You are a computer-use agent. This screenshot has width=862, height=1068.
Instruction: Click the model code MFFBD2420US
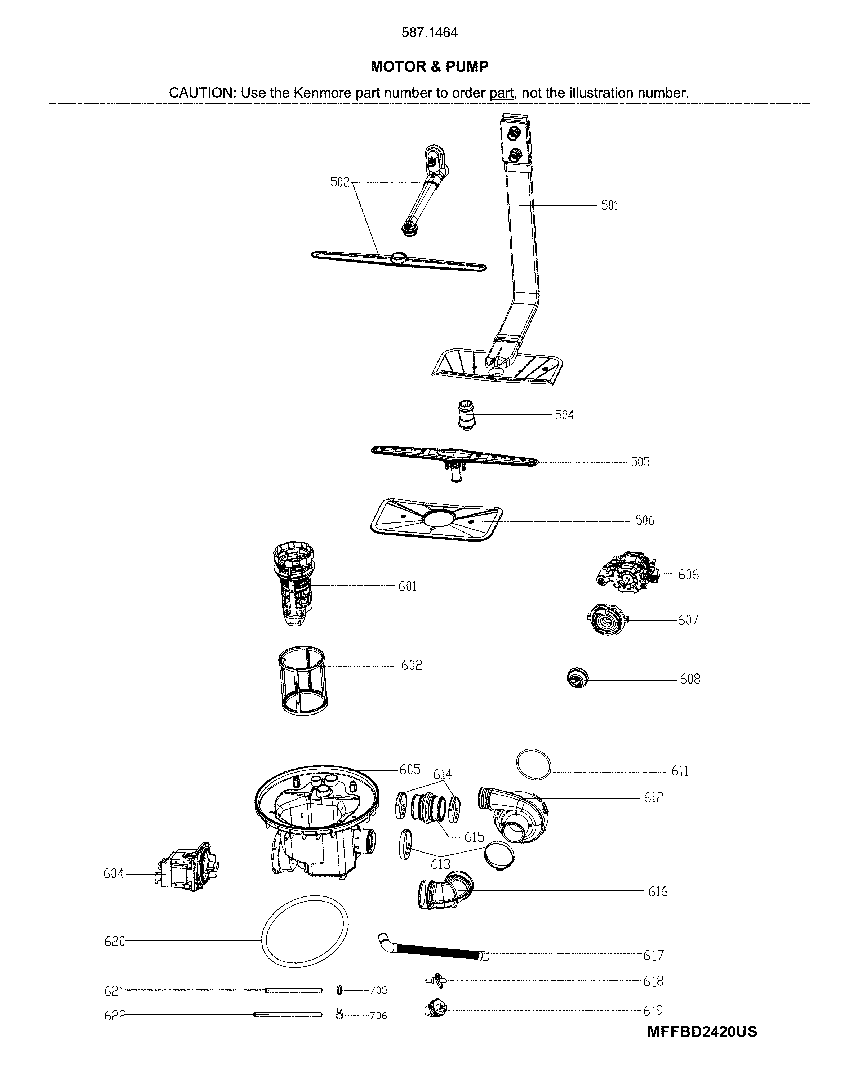click(x=702, y=1031)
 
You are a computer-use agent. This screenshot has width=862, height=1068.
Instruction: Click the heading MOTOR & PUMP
click(x=430, y=67)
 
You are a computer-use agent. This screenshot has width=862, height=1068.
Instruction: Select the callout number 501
click(x=609, y=205)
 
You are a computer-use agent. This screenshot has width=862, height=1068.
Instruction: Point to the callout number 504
click(x=564, y=415)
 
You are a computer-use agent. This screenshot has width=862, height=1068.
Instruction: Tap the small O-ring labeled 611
click(x=533, y=765)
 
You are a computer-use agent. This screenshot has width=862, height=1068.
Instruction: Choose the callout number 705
click(x=378, y=990)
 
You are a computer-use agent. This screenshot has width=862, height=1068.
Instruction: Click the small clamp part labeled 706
click(x=339, y=1015)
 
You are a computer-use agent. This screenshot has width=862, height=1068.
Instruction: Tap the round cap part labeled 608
click(x=577, y=678)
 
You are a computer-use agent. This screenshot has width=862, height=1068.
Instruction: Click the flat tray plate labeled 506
click(x=436, y=520)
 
